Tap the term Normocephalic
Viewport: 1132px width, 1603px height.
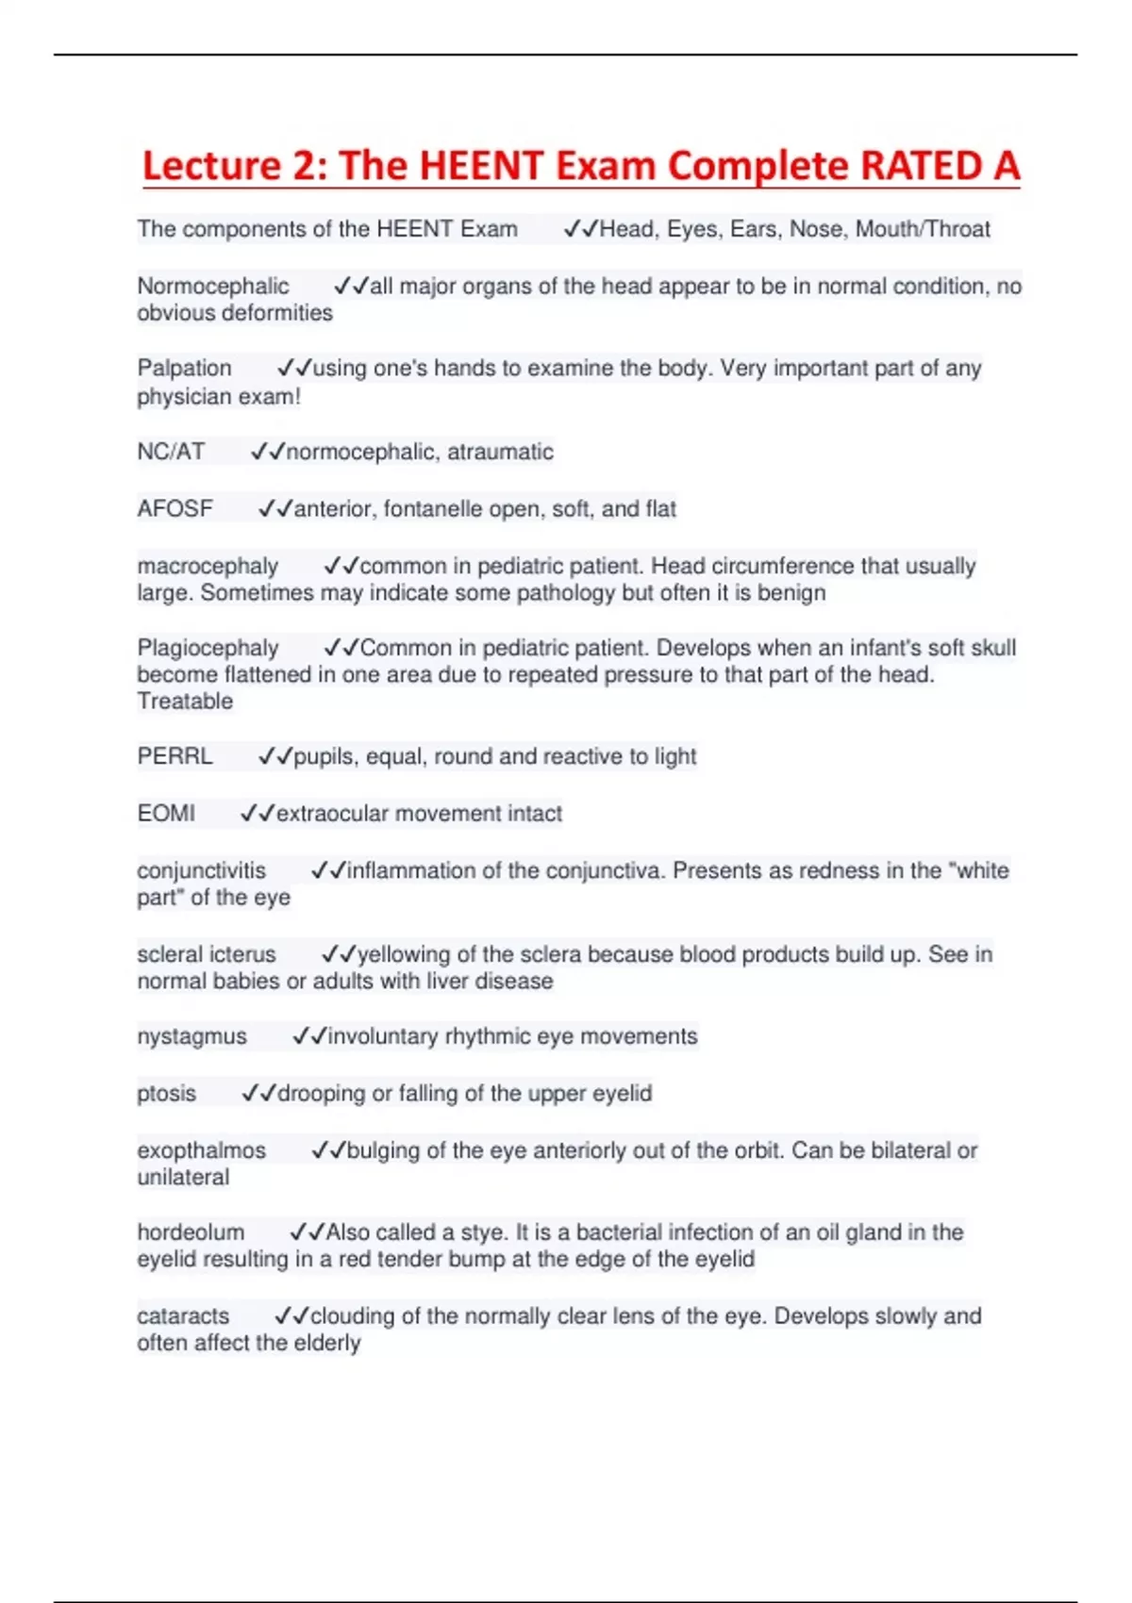pyautogui.click(x=213, y=286)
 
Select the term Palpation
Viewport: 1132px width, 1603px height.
pyautogui.click(x=184, y=368)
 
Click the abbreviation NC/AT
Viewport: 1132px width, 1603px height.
pyautogui.click(x=171, y=452)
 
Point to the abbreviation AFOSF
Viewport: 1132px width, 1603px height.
pyautogui.click(x=175, y=509)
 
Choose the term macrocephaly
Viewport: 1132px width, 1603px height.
pyautogui.click(x=208, y=566)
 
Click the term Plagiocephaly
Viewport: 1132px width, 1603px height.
pyautogui.click(x=208, y=648)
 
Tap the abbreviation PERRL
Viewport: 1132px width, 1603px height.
pyautogui.click(x=175, y=756)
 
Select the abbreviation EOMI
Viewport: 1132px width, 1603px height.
pyautogui.click(x=166, y=813)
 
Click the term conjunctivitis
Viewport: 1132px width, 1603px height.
pyautogui.click(x=202, y=870)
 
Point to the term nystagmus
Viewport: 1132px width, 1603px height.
pyautogui.click(x=191, y=1036)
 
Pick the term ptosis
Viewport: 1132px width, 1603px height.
pyautogui.click(x=167, y=1093)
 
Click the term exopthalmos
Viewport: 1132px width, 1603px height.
pyautogui.click(x=202, y=1150)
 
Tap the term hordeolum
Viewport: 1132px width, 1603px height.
pyautogui.click(x=191, y=1232)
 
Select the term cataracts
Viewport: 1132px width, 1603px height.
pyautogui.click(x=183, y=1315)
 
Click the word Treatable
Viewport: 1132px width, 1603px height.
pyautogui.click(x=185, y=701)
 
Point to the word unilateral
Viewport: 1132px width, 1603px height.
pyautogui.click(x=183, y=1177)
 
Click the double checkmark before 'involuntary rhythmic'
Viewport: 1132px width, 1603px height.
pyautogui.click(x=309, y=1036)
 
